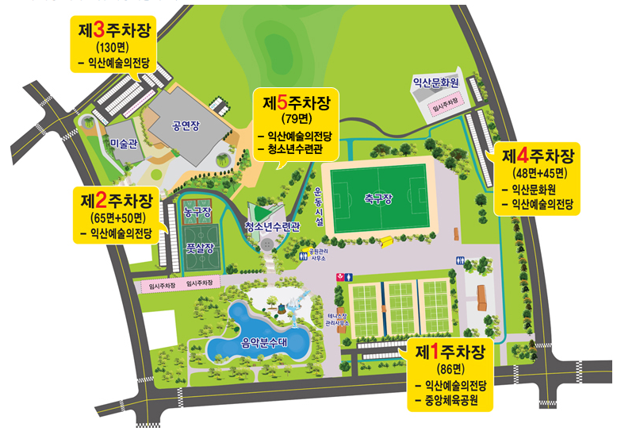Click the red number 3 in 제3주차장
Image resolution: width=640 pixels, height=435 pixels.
click(99, 30)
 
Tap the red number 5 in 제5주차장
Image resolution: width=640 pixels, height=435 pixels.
click(282, 103)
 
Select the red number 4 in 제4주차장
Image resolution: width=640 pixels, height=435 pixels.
click(521, 153)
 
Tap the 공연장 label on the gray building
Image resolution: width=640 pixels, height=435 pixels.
click(187, 125)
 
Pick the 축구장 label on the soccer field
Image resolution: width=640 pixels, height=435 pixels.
click(378, 198)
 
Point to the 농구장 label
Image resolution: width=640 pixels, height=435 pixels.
click(196, 212)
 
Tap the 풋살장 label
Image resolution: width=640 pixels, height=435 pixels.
click(195, 247)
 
